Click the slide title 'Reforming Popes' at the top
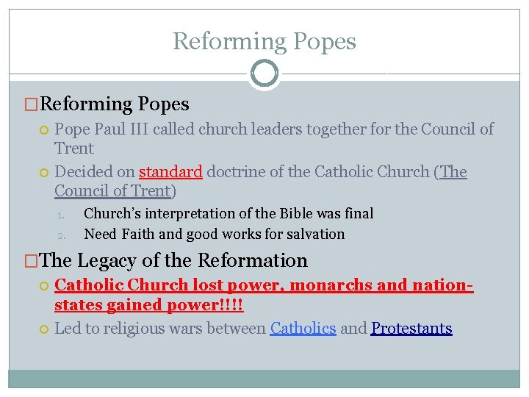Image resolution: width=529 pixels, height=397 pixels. pos(264,41)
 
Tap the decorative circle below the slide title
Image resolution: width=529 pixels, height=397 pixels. pos(264,74)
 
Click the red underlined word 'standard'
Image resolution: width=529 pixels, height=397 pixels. pos(170,172)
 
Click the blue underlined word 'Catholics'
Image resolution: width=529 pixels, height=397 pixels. pos(303,329)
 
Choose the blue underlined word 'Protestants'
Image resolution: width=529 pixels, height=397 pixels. pos(411,329)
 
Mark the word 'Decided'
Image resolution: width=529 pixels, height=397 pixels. pos(84,172)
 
